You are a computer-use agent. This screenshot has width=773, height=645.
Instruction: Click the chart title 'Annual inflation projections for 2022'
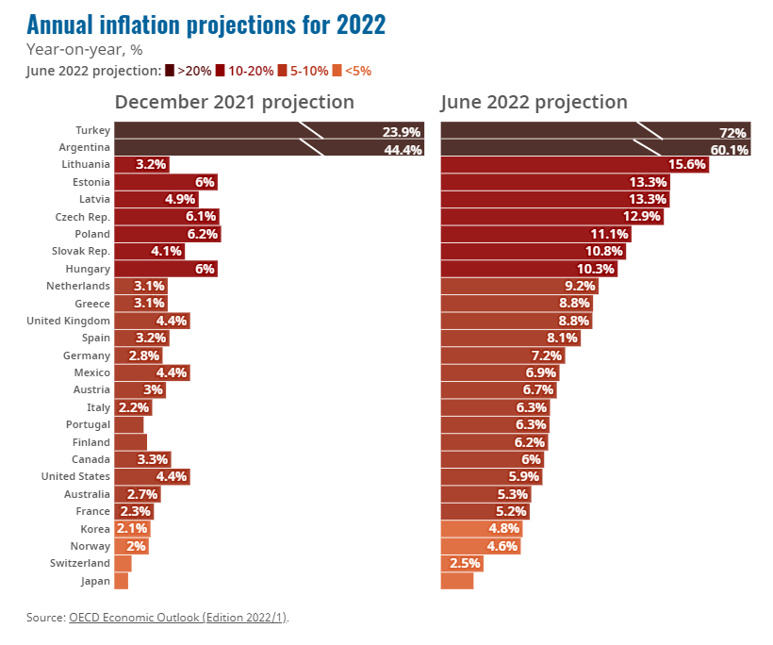click(x=206, y=25)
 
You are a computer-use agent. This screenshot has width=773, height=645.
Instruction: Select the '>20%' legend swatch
click(x=170, y=71)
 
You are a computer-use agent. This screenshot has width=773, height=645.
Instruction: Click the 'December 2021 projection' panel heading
click(x=235, y=102)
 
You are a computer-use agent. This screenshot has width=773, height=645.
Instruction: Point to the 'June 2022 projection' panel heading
click(x=534, y=102)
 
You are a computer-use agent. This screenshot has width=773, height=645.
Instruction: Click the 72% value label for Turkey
click(x=732, y=132)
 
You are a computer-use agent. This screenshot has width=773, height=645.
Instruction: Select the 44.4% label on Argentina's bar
click(x=403, y=149)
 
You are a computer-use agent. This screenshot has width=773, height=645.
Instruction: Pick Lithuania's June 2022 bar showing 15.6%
click(x=574, y=165)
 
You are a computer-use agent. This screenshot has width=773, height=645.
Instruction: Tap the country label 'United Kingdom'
click(x=75, y=321)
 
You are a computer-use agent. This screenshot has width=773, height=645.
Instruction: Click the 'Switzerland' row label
click(x=81, y=563)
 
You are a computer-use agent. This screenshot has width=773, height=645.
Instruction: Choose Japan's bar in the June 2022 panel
click(x=457, y=581)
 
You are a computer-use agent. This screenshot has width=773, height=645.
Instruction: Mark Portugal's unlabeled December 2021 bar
click(x=128, y=424)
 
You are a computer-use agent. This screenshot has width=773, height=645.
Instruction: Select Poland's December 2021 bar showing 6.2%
click(x=167, y=234)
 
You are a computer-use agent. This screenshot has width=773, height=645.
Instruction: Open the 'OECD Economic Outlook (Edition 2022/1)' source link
click(x=178, y=618)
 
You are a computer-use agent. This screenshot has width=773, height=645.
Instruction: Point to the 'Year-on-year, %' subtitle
click(x=84, y=50)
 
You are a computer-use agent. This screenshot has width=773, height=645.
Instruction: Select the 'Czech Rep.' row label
click(x=84, y=217)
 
